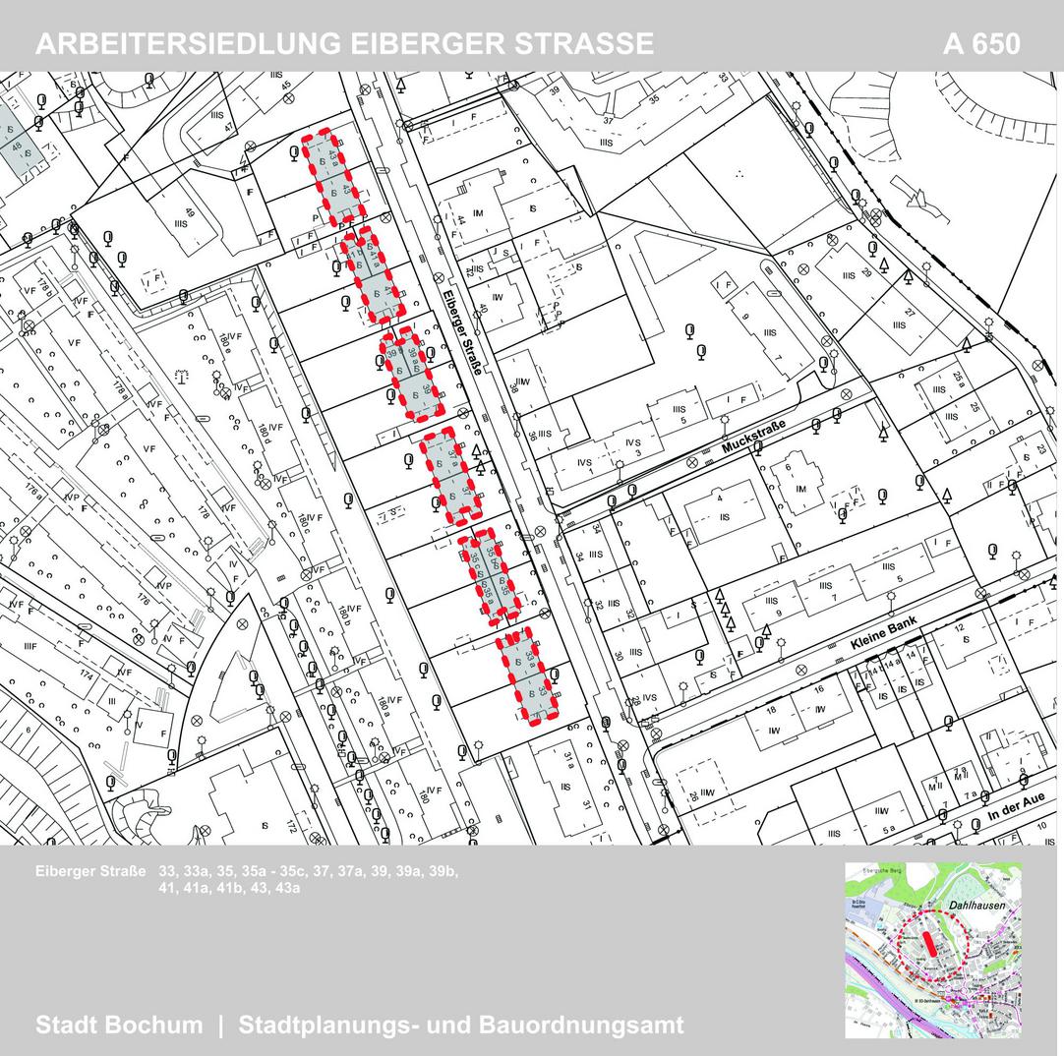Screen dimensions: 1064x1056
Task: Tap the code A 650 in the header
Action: [980, 44]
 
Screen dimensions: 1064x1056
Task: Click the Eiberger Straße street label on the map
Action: [461, 323]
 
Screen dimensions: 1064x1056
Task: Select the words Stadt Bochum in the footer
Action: [119, 1025]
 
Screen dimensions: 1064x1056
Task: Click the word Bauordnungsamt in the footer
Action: [581, 1025]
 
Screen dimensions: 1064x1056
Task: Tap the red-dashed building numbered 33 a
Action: [527, 675]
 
